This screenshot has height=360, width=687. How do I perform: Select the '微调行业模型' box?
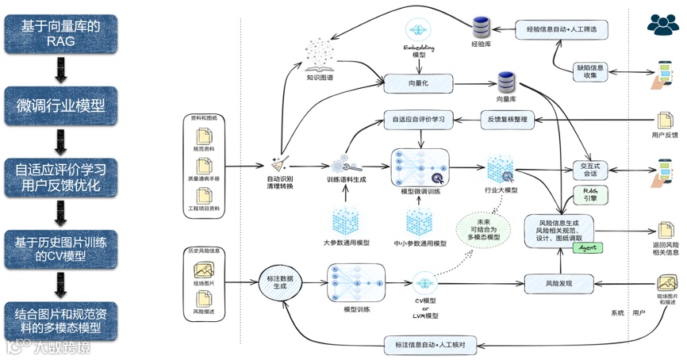61,105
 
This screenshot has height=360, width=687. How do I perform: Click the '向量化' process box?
418,82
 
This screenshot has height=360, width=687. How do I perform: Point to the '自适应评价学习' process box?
418,120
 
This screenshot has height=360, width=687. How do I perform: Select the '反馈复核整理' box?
509,120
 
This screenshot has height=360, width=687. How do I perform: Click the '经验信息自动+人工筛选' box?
561,29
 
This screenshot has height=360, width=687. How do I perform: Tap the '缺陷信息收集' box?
592,71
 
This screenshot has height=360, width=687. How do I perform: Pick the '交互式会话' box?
589,171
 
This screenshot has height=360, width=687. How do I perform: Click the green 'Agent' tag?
585,247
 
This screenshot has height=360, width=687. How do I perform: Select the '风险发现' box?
559,282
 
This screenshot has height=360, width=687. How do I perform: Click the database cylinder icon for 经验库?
482,27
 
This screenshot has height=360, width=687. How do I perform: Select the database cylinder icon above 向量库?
507,82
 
